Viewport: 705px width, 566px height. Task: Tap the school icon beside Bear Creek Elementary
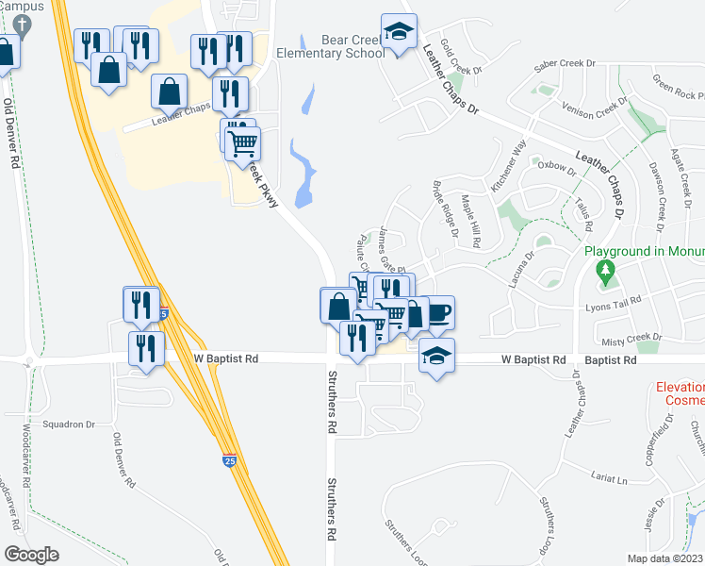pos(400,31)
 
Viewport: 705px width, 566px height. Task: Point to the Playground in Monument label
pos(645,252)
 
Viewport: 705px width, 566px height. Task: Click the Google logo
pos(31,554)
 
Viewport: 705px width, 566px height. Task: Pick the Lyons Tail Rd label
pos(614,300)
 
